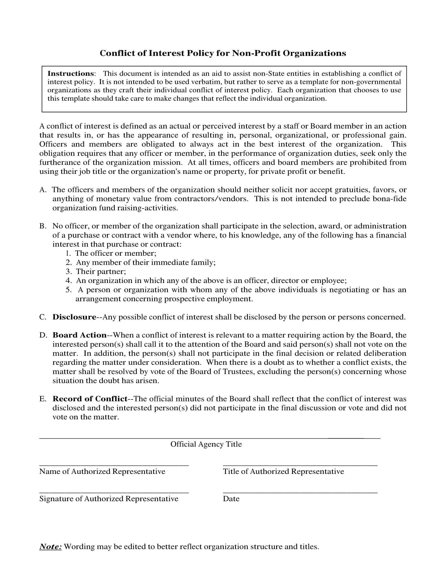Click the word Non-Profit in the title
[x=256, y=53]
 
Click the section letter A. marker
[x=43, y=190]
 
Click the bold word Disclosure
[x=74, y=317]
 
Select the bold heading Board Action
[x=79, y=335]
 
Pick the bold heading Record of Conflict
[x=90, y=399]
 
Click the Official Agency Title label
[x=206, y=444]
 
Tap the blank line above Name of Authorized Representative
[x=114, y=464]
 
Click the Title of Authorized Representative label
[x=283, y=471]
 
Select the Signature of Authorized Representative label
[x=109, y=499]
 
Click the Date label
[x=231, y=499]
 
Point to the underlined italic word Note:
[x=50, y=546]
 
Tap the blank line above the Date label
[x=300, y=492]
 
